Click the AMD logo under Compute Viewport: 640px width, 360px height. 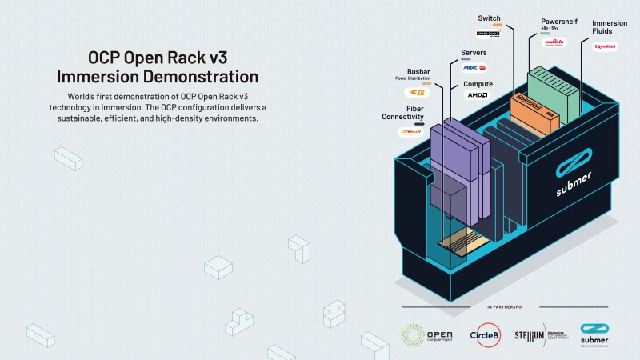pyautogui.click(x=478, y=94)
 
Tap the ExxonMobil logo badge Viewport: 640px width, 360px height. pyautogui.click(x=604, y=46)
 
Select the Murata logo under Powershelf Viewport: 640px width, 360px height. pyautogui.click(x=554, y=42)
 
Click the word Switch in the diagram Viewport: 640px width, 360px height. pyautogui.click(x=490, y=17)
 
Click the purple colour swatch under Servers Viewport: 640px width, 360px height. pyautogui.click(x=466, y=59)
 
